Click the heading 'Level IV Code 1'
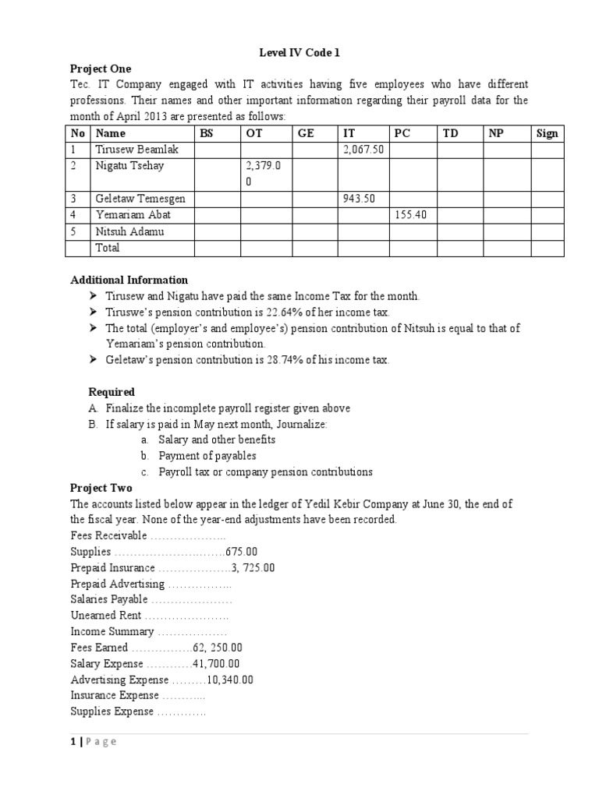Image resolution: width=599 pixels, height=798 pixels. [x=299, y=53]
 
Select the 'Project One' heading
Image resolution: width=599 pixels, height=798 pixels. [x=101, y=69]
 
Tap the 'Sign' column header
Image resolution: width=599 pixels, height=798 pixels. [x=548, y=133]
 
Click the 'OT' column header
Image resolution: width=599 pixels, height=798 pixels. [x=254, y=133]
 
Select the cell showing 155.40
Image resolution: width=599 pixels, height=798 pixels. [x=412, y=214]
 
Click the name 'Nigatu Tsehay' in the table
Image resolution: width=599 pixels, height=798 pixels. [x=129, y=165]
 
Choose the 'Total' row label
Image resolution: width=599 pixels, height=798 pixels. [x=107, y=247]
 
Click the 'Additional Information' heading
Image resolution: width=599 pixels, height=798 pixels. [x=129, y=280]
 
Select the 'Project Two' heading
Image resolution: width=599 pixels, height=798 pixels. [x=101, y=488]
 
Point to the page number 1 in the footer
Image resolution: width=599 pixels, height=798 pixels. [x=73, y=741]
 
